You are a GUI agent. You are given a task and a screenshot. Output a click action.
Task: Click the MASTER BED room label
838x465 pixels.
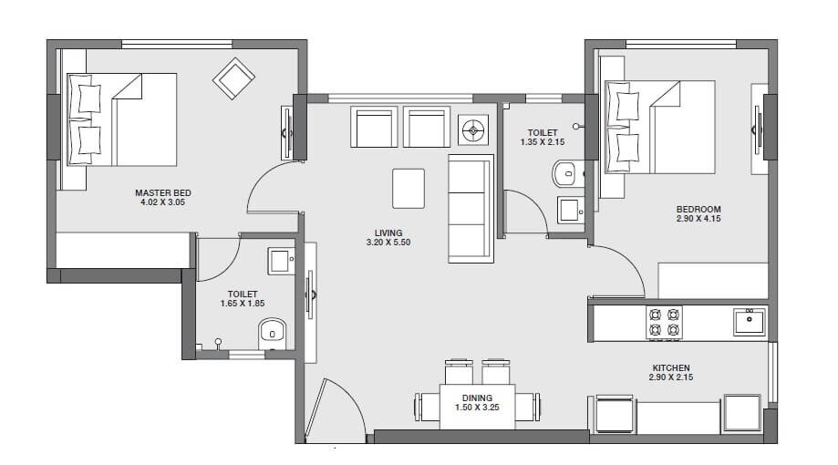click(x=162, y=193)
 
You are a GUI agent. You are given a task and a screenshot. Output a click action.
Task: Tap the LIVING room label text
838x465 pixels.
click(x=388, y=232)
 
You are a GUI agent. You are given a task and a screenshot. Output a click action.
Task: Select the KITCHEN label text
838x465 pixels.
click(x=670, y=367)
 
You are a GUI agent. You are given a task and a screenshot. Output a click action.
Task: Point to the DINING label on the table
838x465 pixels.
click(x=477, y=398)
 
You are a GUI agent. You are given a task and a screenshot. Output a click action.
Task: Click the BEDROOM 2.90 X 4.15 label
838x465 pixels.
click(x=698, y=210)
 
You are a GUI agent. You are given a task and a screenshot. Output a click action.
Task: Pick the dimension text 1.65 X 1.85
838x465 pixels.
click(x=242, y=305)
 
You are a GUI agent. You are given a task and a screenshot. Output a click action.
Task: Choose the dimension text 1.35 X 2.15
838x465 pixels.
click(x=542, y=142)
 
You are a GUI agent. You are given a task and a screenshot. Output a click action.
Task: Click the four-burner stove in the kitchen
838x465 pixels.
click(x=663, y=322)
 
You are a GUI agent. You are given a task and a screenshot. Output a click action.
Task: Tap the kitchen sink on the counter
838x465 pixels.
click(x=749, y=321)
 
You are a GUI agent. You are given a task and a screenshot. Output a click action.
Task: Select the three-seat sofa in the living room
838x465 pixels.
click(x=471, y=208)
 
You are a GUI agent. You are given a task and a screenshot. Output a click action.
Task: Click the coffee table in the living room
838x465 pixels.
click(x=408, y=189)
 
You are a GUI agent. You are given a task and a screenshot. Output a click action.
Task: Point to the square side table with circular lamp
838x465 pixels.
click(x=473, y=130)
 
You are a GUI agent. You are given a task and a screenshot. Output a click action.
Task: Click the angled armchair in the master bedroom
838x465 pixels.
click(x=233, y=78)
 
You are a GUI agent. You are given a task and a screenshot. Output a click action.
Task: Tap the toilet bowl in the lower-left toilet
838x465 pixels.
click(x=272, y=334)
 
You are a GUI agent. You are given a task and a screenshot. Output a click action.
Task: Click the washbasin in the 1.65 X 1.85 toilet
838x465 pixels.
click(x=280, y=261)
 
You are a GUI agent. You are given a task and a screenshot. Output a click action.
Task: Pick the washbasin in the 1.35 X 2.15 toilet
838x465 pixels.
click(x=570, y=211)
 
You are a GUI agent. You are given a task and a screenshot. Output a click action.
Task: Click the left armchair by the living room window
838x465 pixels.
click(x=376, y=127)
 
